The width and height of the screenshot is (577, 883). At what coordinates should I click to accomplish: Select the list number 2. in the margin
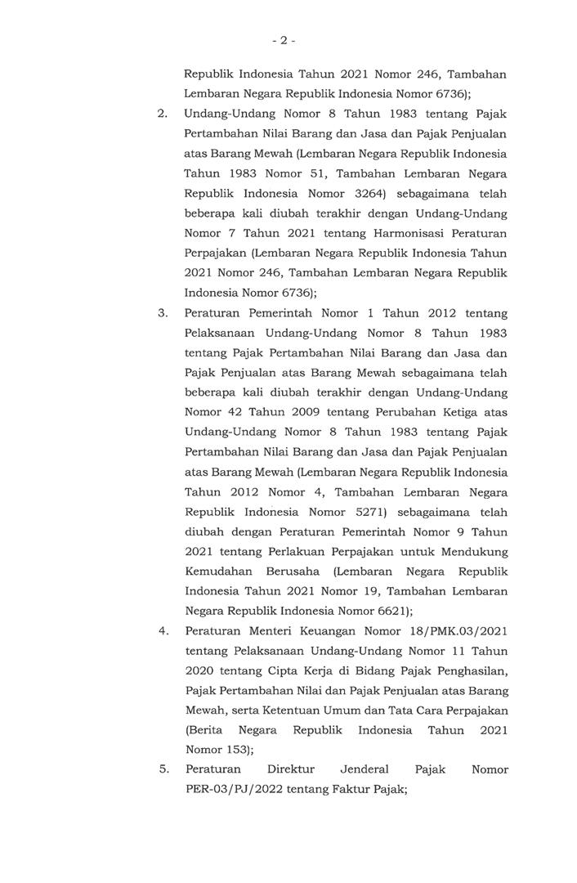[163, 113]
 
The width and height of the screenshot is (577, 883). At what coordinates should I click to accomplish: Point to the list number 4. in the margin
[163, 631]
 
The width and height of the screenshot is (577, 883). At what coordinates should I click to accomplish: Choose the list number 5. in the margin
[163, 770]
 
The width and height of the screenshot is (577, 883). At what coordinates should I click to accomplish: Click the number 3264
[373, 193]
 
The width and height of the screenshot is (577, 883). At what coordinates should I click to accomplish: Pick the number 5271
[373, 512]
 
